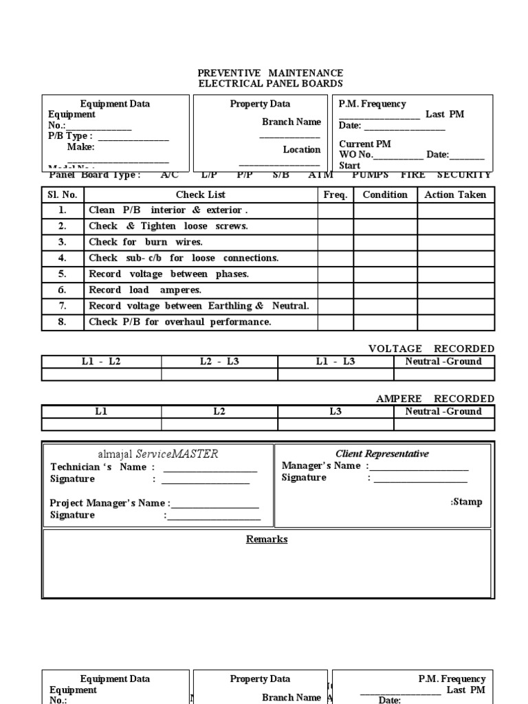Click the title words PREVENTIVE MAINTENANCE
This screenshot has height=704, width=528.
[x=270, y=73]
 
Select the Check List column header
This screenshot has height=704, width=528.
[x=200, y=195]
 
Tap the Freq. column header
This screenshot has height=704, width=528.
[x=335, y=195]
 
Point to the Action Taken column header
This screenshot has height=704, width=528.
[x=455, y=195]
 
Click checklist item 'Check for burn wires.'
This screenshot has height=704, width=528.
[x=146, y=242]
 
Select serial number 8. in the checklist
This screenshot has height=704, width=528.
[x=63, y=322]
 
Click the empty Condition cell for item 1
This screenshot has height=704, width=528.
[x=385, y=210]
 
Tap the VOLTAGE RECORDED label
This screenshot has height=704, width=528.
[x=431, y=349]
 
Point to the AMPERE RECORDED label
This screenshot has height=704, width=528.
[x=434, y=399]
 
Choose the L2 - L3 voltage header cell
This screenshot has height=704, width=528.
[x=219, y=362]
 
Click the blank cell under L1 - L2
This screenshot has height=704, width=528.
[x=102, y=374]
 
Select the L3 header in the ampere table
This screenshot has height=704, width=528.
[x=335, y=411]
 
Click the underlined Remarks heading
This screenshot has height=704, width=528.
[x=267, y=539]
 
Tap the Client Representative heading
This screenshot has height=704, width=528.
[x=382, y=454]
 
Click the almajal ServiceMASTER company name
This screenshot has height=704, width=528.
[x=158, y=454]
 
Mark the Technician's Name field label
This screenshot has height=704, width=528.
[x=98, y=467]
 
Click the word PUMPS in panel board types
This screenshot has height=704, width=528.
[x=371, y=175]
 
